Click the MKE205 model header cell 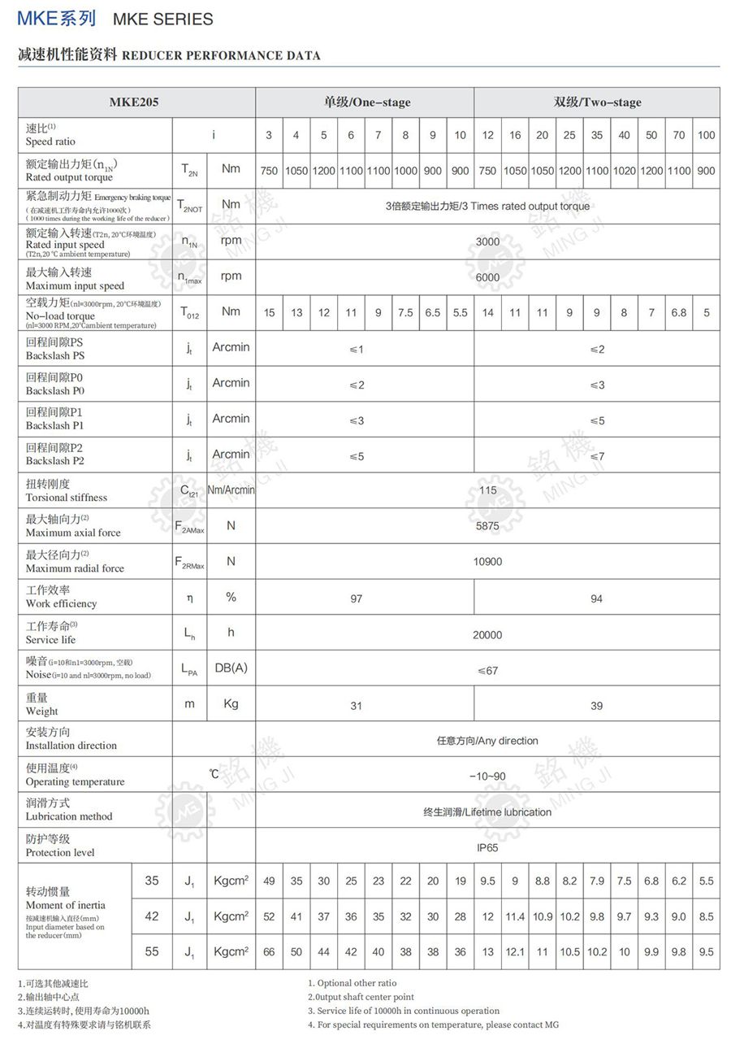click(x=134, y=102)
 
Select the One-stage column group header click(x=367, y=102)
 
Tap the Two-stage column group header click(x=597, y=102)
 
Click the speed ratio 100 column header click(x=706, y=135)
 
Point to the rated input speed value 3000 click(x=487, y=241)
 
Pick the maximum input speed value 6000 click(x=487, y=277)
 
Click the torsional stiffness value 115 click(x=487, y=490)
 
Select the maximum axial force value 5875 click(x=487, y=526)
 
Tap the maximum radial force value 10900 click(x=487, y=562)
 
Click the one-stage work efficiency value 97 click(x=356, y=598)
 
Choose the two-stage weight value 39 click(x=596, y=706)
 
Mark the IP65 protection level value click(x=487, y=847)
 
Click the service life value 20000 click(x=487, y=635)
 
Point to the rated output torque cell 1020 click(x=624, y=171)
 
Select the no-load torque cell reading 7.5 click(x=405, y=312)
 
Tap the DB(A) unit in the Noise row click(x=231, y=668)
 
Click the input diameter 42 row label click(x=152, y=916)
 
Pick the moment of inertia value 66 click(x=269, y=952)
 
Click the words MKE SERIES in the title click(x=163, y=19)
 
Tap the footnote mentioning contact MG click(x=433, y=1025)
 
